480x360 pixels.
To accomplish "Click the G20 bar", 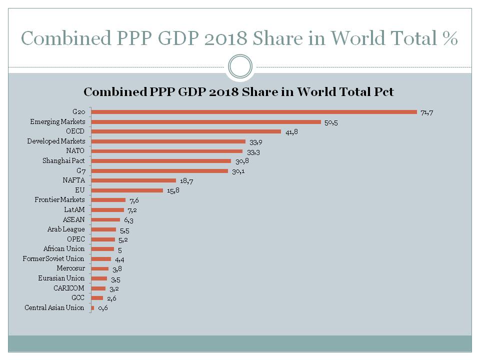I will coord(254,112).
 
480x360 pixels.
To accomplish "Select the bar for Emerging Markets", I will coord(206,122).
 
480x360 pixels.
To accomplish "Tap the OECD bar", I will coord(186,131).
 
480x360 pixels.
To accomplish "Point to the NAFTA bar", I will coord(133,180).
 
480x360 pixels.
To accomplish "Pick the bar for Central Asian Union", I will coord(92,308).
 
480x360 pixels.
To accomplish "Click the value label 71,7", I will coord(426,112).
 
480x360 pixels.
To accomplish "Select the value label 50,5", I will coord(331,122).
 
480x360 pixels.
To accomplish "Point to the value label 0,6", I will coord(103,308).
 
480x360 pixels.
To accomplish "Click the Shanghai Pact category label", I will coord(63,161).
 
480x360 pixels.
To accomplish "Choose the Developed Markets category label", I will coord(56,141).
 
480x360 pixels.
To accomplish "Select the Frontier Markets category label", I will coord(59,200).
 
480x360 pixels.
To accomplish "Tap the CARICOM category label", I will coord(69,288).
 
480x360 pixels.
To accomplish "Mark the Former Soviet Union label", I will coord(53,258).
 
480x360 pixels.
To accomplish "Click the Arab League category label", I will coord(65,229).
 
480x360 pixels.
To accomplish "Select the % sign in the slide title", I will coord(450,38).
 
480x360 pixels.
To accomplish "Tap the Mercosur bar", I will coord(100,268).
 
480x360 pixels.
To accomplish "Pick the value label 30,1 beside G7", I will coord(237,171).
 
